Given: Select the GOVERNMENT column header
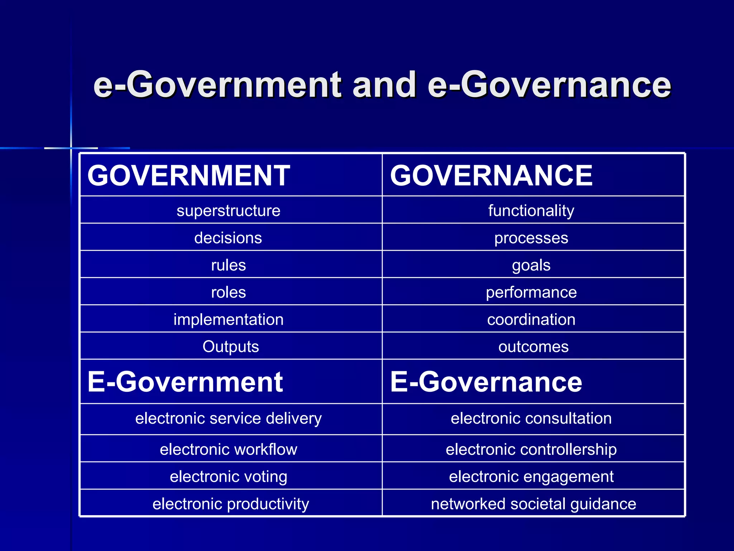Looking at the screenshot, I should (189, 175).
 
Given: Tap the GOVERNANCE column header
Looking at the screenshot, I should (491, 175).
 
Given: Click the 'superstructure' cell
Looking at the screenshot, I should (228, 211).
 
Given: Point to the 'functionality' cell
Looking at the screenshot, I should (531, 211).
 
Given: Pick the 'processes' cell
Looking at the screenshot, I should (531, 238).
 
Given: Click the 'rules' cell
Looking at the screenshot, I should (228, 265).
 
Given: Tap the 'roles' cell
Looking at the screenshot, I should (228, 292).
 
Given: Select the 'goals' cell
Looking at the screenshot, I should (531, 265).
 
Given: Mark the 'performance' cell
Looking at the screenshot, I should (531, 292).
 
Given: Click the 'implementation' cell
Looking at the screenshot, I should (228, 319).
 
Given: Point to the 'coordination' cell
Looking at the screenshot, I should (531, 319).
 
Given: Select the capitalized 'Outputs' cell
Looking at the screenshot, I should (230, 347).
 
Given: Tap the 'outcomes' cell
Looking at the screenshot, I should (533, 347).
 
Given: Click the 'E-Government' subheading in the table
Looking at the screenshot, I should (185, 382).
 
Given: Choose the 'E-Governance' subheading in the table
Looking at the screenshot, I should (486, 382).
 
